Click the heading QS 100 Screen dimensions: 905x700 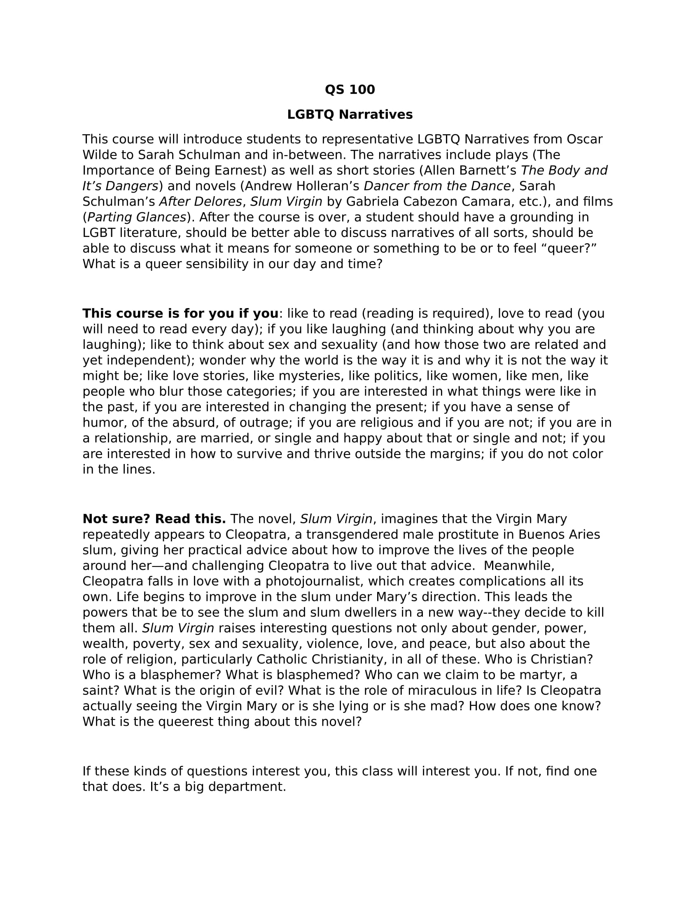350,90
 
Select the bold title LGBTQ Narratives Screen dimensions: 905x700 350,114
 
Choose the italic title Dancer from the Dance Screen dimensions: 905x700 437,186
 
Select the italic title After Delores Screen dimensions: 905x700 200,202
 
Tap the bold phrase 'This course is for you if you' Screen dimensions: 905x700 180,314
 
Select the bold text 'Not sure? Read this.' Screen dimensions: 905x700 154,519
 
